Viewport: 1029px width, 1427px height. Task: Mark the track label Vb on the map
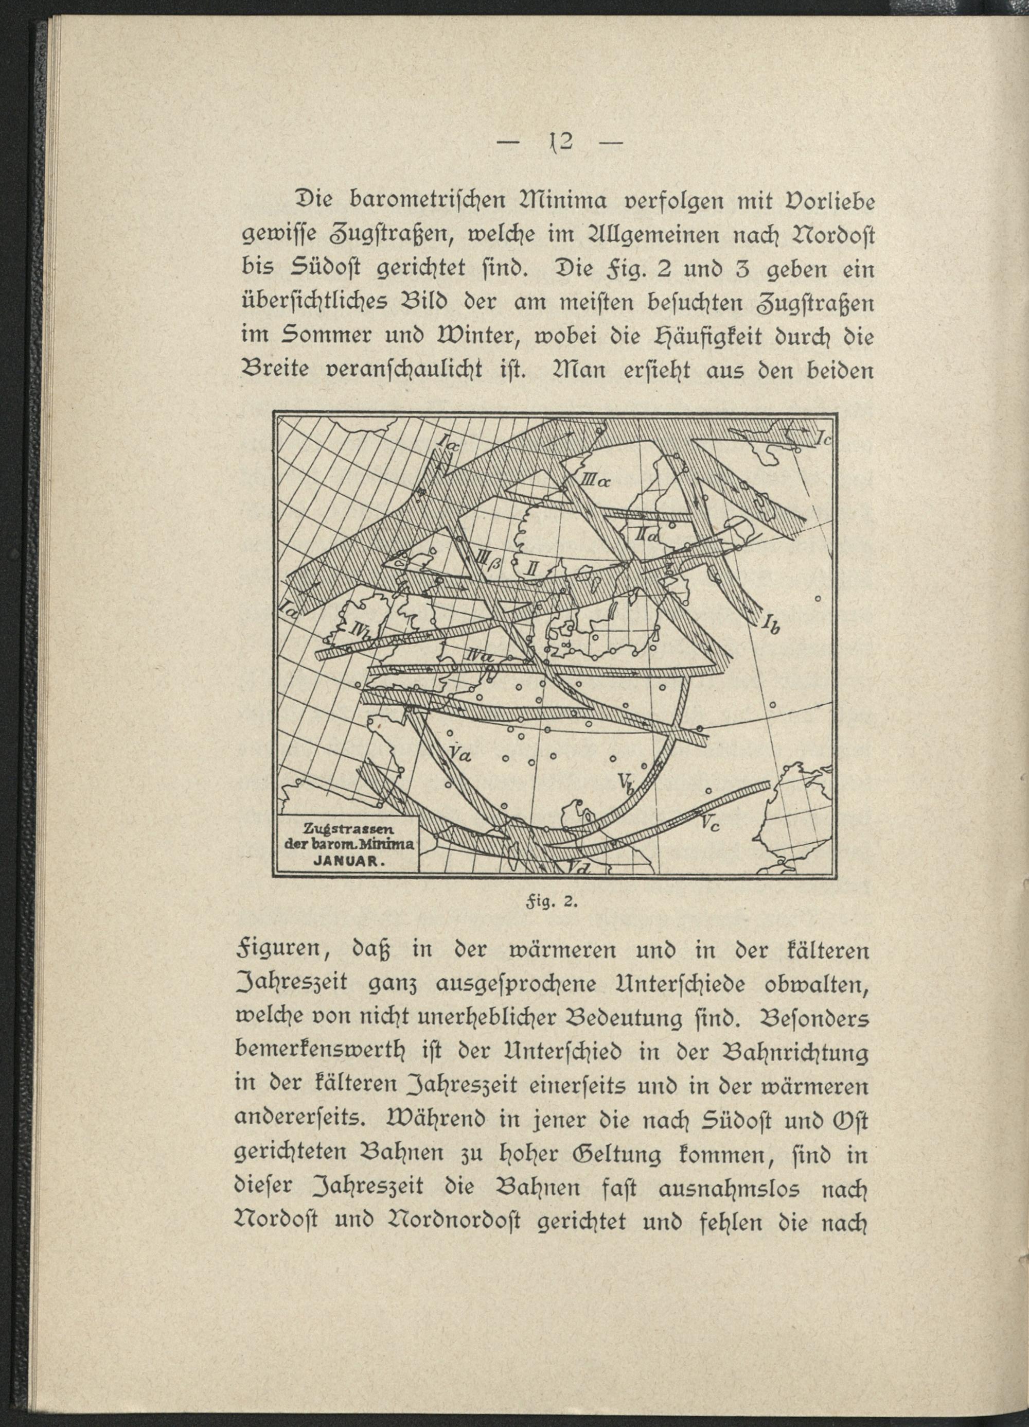pyautogui.click(x=626, y=784)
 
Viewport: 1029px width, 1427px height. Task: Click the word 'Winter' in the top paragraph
pyautogui.click(x=470, y=339)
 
